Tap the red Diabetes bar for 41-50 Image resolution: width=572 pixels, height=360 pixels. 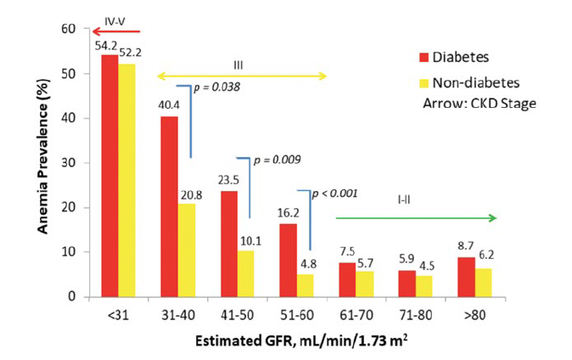229,244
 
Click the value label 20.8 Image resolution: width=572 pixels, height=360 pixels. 188,196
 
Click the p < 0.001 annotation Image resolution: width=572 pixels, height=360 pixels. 336,194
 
